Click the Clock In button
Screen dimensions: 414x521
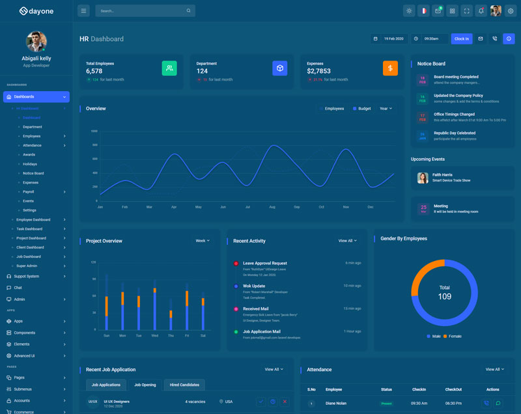[x=461, y=39]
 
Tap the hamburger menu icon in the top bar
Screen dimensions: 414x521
[x=83, y=10]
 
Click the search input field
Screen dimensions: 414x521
[x=140, y=10]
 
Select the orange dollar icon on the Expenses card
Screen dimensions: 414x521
[x=390, y=68]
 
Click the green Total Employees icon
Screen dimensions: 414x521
[x=169, y=68]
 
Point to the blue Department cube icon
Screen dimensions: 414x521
[x=280, y=68]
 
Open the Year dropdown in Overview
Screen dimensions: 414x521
[x=386, y=109]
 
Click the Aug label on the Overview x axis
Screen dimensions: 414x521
[x=272, y=207]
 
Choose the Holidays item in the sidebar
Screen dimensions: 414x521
[x=30, y=164]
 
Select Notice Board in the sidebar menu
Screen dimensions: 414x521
[x=33, y=173]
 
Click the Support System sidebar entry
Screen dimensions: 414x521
[x=27, y=276]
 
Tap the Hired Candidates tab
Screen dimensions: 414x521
[x=184, y=385]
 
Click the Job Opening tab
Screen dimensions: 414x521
[x=145, y=385]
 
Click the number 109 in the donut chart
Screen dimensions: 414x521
[x=445, y=297]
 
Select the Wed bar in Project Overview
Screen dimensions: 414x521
[x=154, y=306]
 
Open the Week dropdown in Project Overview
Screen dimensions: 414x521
[x=203, y=241]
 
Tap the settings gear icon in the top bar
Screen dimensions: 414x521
[x=511, y=10]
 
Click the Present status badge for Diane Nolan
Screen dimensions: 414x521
[x=386, y=403]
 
